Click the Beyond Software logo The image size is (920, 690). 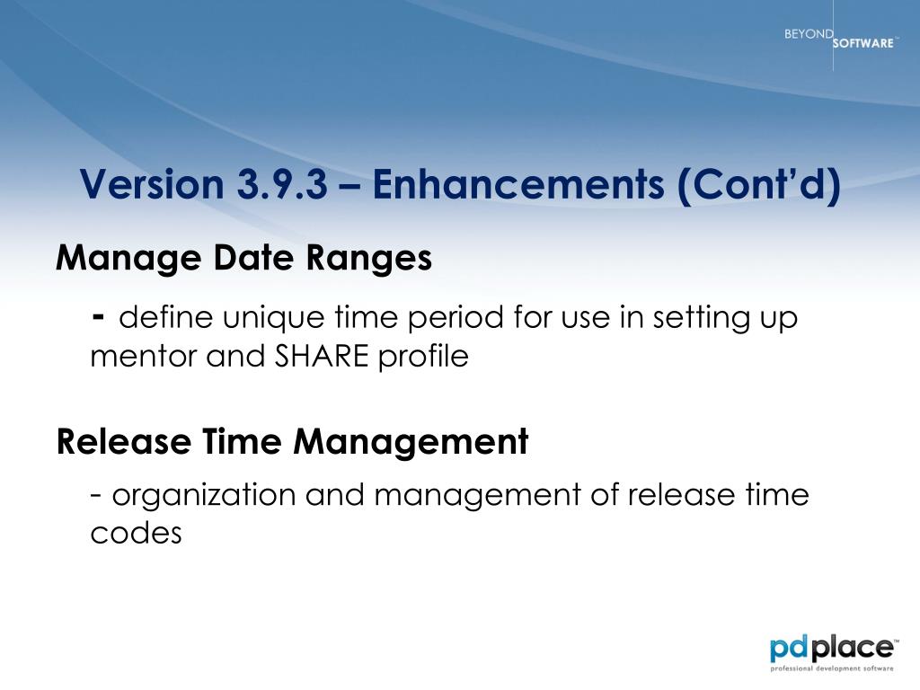[839, 38]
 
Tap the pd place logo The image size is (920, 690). [833, 652]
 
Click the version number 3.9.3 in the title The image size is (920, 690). [282, 183]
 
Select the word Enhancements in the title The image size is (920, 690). [518, 183]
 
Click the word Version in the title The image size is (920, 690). [152, 183]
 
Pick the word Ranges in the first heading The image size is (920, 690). [369, 259]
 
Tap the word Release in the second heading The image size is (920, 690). [124, 441]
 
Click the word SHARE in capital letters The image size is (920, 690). [323, 356]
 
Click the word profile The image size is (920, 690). [423, 357]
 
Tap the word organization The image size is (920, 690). [204, 496]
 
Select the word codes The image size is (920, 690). [137, 533]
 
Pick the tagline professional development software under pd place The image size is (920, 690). [831, 668]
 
